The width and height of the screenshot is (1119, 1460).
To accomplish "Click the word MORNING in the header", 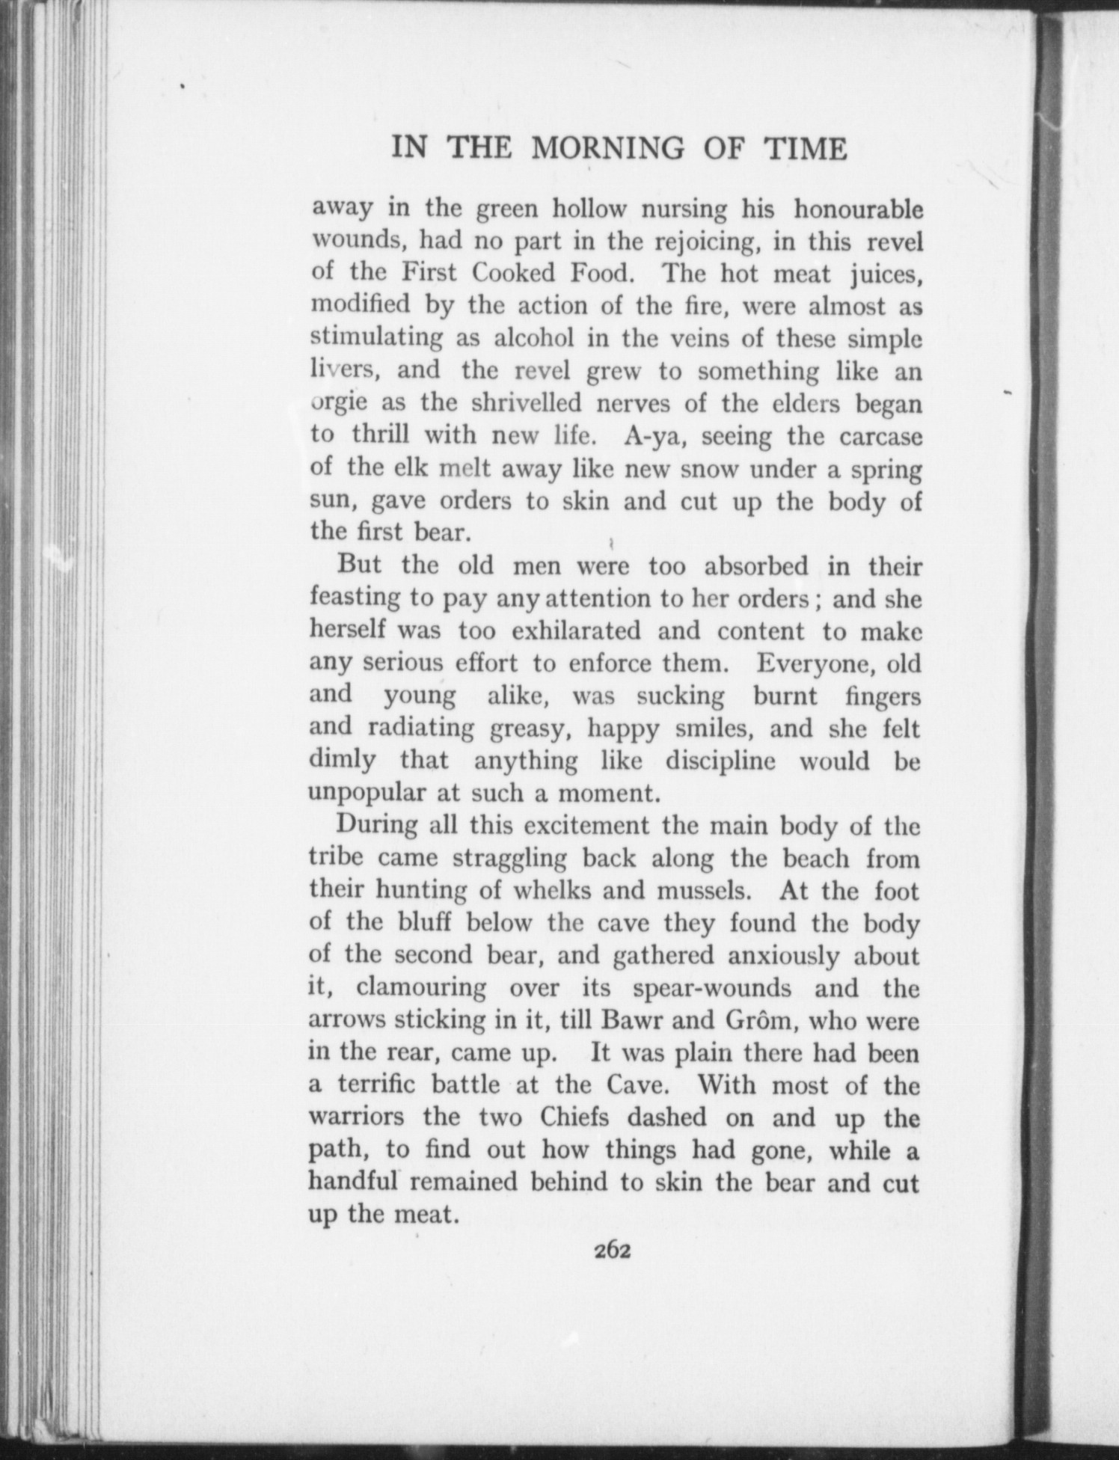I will (x=607, y=149).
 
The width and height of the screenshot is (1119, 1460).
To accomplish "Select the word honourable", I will (x=858, y=210).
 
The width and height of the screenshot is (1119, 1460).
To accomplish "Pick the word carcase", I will (x=880, y=436).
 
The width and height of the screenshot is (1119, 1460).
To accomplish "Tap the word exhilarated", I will (x=576, y=631).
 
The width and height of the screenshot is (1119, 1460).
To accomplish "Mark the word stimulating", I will (x=377, y=339).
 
